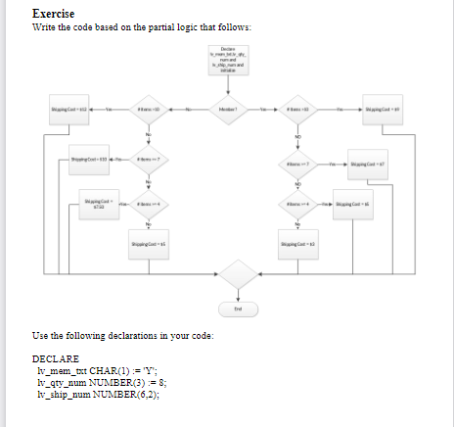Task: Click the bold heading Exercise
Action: (55, 14)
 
